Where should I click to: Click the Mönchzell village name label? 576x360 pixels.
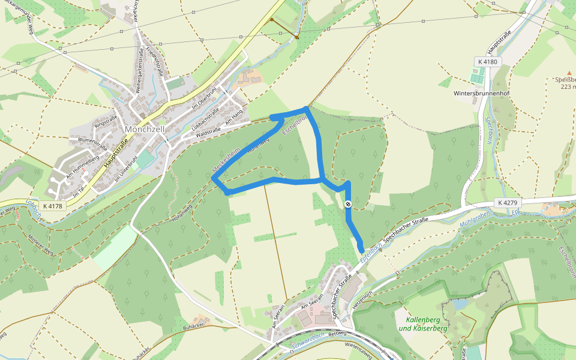click(x=144, y=129)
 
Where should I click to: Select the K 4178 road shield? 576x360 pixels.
click(x=53, y=206)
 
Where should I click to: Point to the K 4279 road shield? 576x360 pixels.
click(x=507, y=203)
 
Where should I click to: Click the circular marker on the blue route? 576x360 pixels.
click(x=349, y=205)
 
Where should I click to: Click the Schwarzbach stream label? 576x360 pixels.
click(x=308, y=340)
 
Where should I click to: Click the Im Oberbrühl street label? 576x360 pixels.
click(x=203, y=99)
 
